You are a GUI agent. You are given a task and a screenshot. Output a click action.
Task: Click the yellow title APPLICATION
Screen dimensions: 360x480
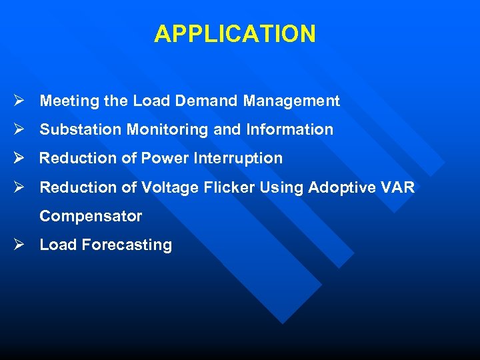(235, 33)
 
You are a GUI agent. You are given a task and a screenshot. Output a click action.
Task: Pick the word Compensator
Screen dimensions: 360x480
(91, 217)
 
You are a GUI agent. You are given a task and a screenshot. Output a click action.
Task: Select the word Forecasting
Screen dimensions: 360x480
(127, 245)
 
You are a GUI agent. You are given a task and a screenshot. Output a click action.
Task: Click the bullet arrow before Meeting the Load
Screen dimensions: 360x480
(19, 101)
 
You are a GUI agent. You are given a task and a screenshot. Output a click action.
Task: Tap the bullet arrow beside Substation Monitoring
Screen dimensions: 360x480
(19, 129)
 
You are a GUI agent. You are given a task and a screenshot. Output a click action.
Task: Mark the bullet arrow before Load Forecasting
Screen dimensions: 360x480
(19, 245)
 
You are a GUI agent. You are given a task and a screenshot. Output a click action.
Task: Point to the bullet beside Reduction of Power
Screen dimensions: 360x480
(19, 158)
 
